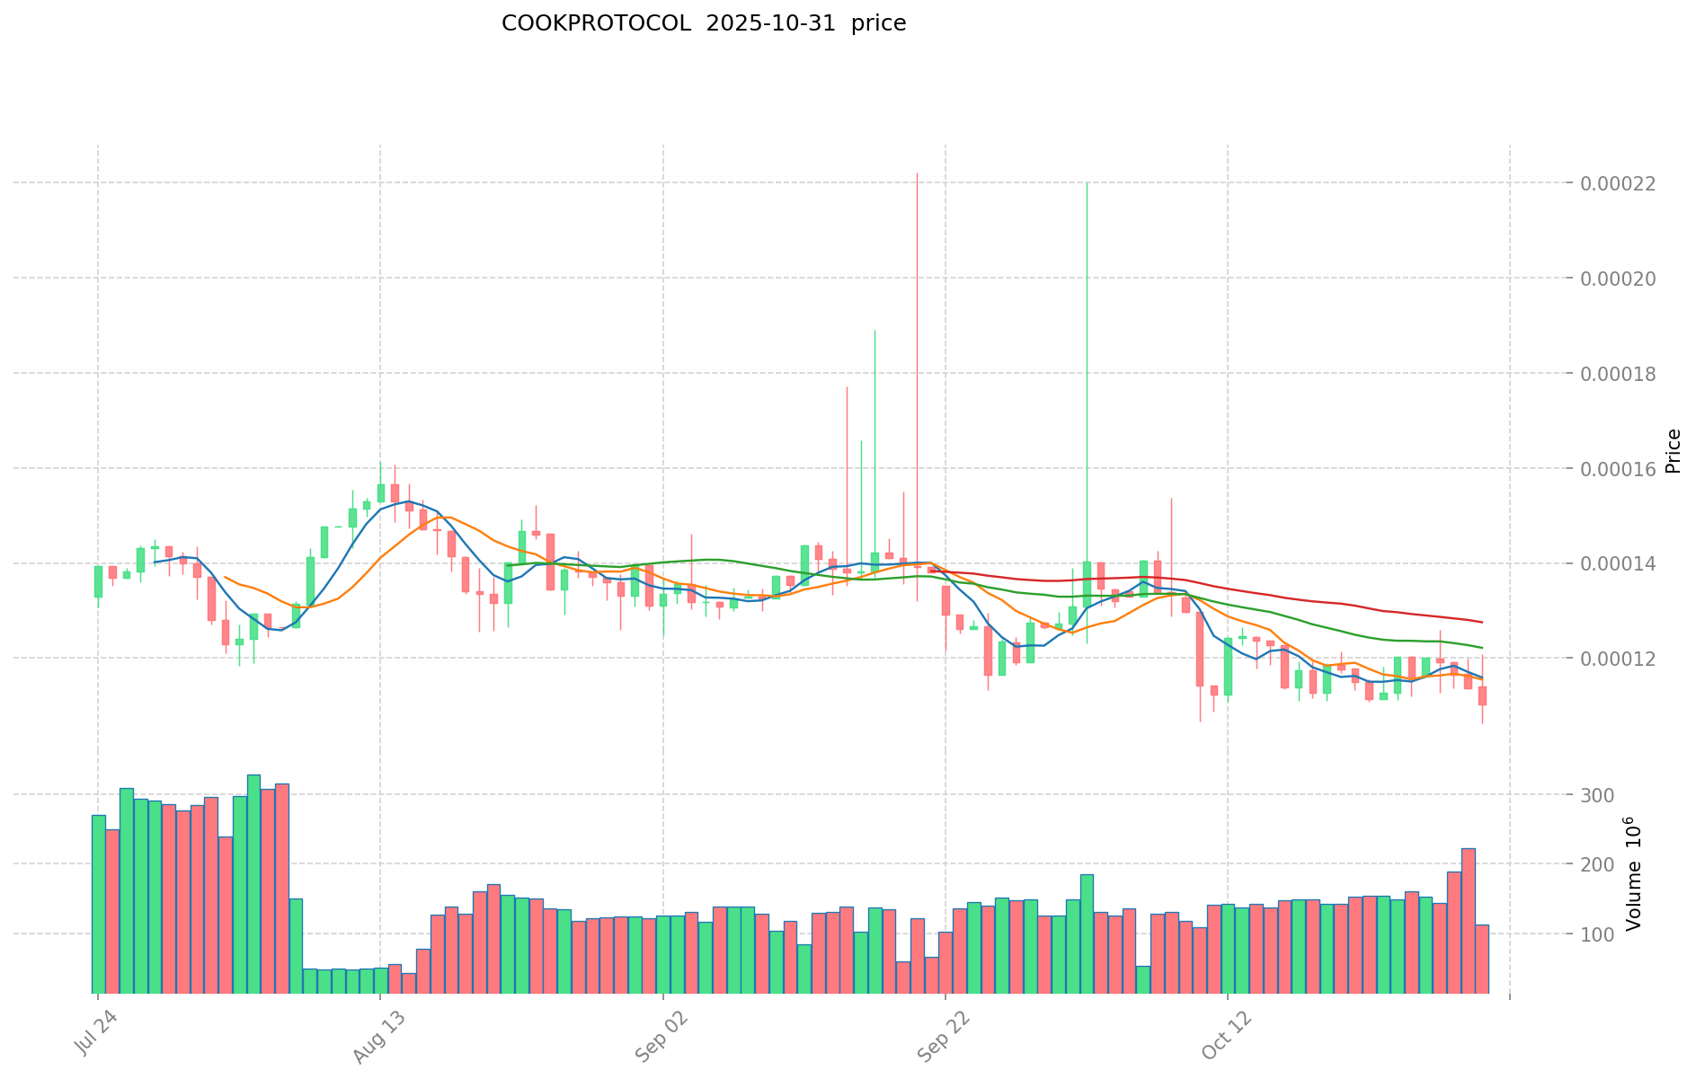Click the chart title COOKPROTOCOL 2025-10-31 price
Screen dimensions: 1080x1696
(703, 24)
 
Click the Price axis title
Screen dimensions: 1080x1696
(1673, 451)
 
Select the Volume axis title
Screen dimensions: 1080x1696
(1633, 873)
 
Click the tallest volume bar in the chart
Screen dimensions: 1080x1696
(253, 884)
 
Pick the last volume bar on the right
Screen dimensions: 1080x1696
(1482, 959)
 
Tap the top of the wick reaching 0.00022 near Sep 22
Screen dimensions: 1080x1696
(917, 173)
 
